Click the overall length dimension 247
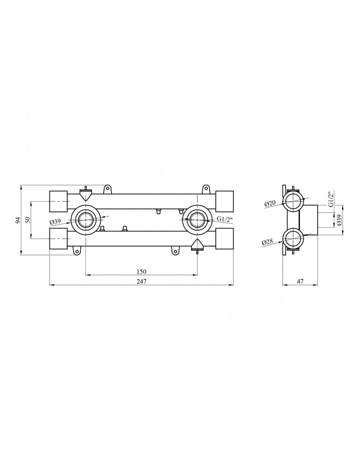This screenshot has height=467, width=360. click(x=141, y=281)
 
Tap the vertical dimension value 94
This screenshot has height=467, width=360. click(x=18, y=220)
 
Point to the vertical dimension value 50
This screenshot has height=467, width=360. click(x=28, y=220)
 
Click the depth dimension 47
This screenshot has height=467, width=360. click(x=300, y=281)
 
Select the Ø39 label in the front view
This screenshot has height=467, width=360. click(x=56, y=221)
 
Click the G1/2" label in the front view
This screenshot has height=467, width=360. click(x=224, y=219)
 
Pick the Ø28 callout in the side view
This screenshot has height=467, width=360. click(x=268, y=242)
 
